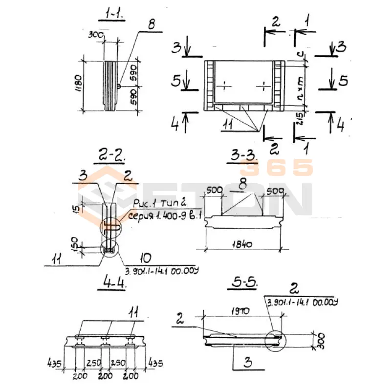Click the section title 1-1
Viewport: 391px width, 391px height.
coord(113,16)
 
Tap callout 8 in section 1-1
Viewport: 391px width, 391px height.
coord(152,26)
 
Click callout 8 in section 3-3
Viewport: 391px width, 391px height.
coord(241,184)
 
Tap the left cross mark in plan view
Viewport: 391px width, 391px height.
coord(223,86)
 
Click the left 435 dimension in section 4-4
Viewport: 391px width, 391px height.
coord(54,364)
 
